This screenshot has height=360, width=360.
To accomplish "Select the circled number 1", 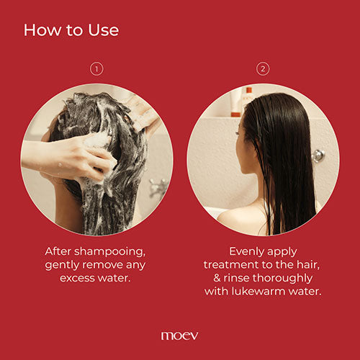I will point(96,69).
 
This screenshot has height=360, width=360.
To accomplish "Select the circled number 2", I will point(263,69).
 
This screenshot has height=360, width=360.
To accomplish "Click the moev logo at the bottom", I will point(179,336).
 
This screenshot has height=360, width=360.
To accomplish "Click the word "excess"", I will point(78,278).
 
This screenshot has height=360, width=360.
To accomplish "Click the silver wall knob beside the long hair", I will point(318,155).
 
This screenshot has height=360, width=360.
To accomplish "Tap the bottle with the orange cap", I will point(247,102).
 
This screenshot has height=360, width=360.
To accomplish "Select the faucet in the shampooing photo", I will point(157,189).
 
